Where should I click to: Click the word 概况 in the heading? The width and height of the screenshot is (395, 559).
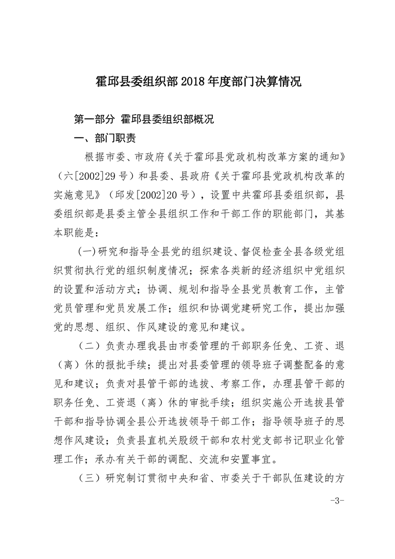click(203, 120)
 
